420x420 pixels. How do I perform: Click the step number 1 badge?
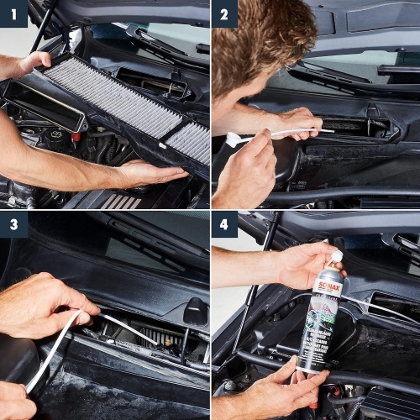[x=13, y=13]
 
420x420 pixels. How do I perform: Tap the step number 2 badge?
[x=224, y=13]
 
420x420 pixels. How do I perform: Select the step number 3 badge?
[x=13, y=225]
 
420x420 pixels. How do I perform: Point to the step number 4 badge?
[x=224, y=225]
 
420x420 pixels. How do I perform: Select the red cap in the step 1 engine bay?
[x=76, y=135]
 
